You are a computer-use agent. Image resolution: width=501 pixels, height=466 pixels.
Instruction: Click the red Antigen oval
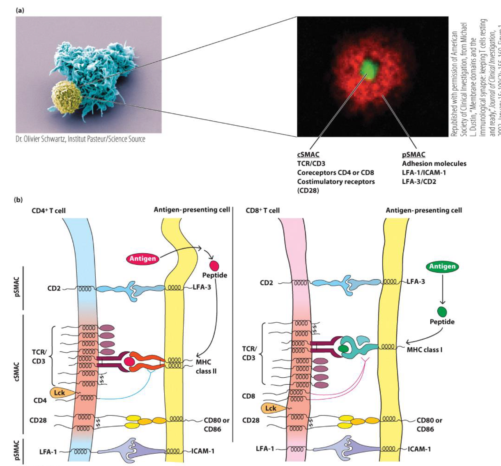click(x=142, y=258)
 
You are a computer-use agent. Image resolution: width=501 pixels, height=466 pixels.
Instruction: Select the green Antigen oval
click(x=442, y=266)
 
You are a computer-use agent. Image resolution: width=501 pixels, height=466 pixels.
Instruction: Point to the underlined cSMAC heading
click(x=308, y=155)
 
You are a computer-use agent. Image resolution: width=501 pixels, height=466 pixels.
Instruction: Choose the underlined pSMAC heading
click(x=414, y=155)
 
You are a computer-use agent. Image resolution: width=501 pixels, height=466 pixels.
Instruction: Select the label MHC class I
click(x=424, y=350)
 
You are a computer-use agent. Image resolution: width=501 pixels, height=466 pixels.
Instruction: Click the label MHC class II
click(x=206, y=366)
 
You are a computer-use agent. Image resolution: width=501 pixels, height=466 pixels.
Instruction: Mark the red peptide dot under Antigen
click(x=214, y=265)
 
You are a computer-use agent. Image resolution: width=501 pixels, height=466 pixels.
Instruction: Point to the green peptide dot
click(x=442, y=311)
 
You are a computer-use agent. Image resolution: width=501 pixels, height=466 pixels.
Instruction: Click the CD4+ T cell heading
click(x=48, y=211)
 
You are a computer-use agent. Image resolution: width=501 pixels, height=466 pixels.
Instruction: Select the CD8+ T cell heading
click(x=262, y=211)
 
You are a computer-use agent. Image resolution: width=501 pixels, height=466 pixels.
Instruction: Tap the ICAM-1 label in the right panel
click(x=419, y=449)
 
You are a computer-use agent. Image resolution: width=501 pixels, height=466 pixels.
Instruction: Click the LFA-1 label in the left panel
click(x=48, y=452)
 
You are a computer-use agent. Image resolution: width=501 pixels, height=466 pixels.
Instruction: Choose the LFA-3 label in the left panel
click(x=202, y=287)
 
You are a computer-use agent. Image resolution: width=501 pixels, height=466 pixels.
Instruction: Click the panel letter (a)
click(x=20, y=10)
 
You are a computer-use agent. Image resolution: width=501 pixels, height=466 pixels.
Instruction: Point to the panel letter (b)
click(x=18, y=200)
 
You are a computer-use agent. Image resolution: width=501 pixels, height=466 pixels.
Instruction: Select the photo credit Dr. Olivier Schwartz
click(x=80, y=139)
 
